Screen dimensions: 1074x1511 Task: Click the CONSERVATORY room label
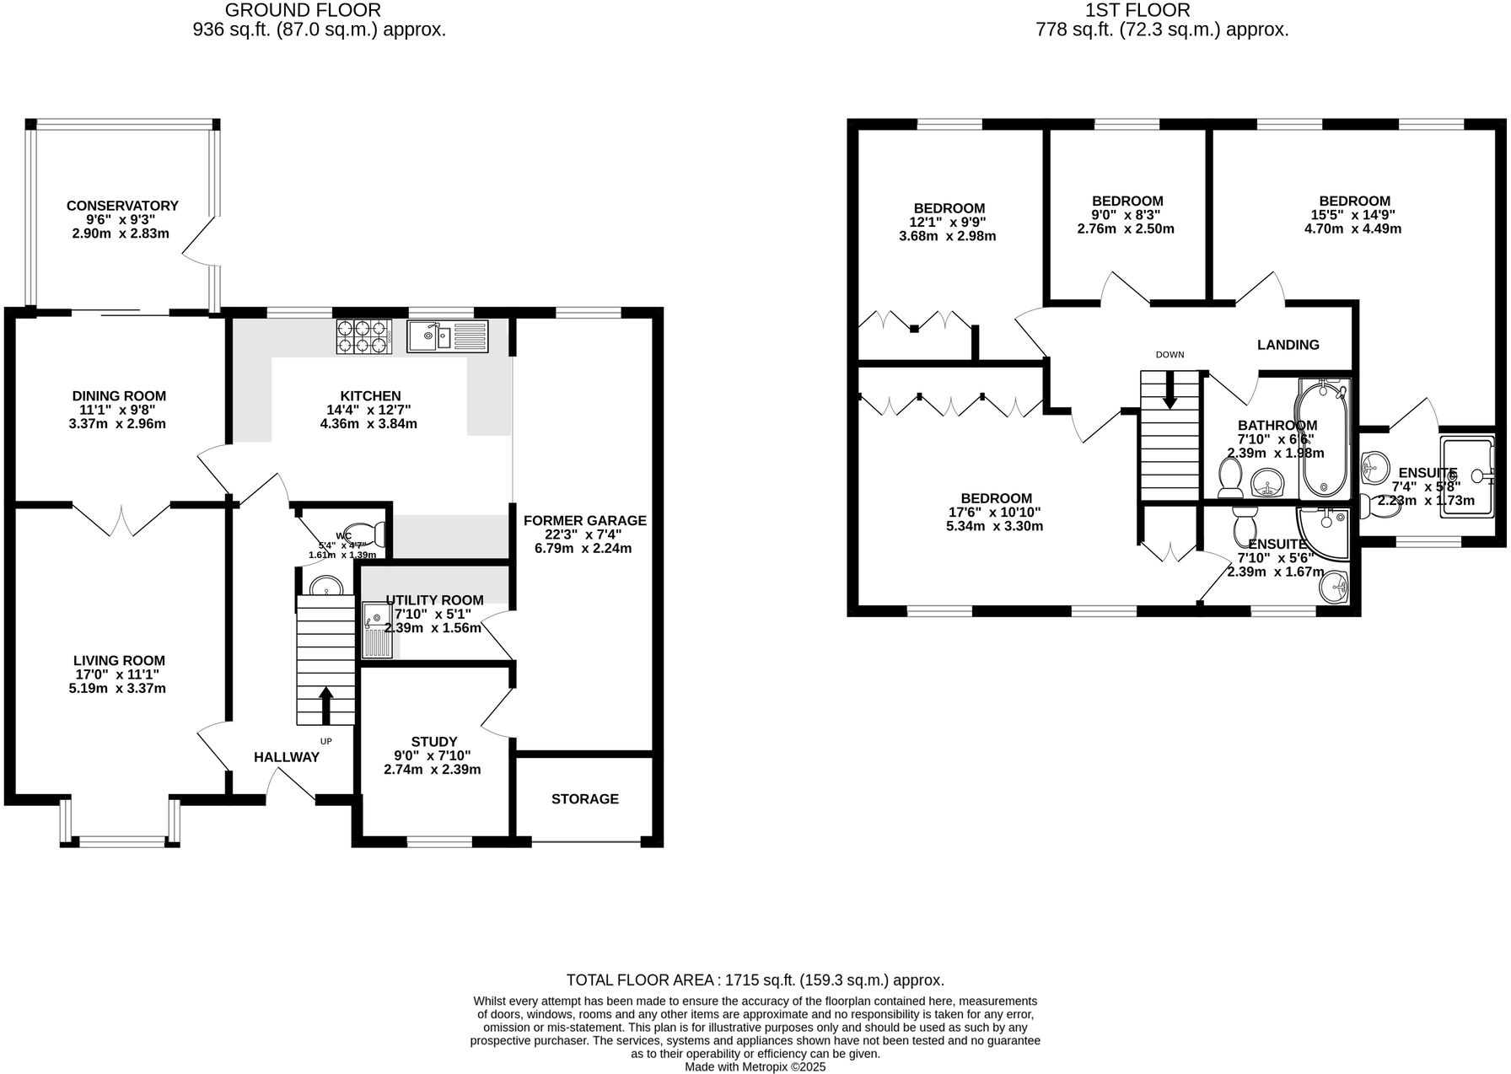click(x=122, y=206)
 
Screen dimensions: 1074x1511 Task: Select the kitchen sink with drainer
click(x=447, y=336)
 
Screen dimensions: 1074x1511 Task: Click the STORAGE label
click(x=584, y=798)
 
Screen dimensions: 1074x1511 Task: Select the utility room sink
click(x=375, y=629)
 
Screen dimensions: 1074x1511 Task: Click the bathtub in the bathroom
click(x=1324, y=438)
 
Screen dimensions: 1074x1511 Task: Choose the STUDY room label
click(x=433, y=742)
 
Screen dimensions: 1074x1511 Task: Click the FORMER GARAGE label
click(x=584, y=520)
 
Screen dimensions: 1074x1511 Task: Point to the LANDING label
click(x=1288, y=345)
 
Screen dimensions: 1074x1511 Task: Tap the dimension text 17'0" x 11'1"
click(x=119, y=674)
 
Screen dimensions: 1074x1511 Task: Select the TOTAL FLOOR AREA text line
click(x=755, y=980)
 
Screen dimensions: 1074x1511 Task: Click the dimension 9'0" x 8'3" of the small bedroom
click(x=1127, y=215)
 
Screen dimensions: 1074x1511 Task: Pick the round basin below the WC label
click(x=325, y=585)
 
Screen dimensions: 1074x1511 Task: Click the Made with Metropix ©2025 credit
click(x=755, y=1066)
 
